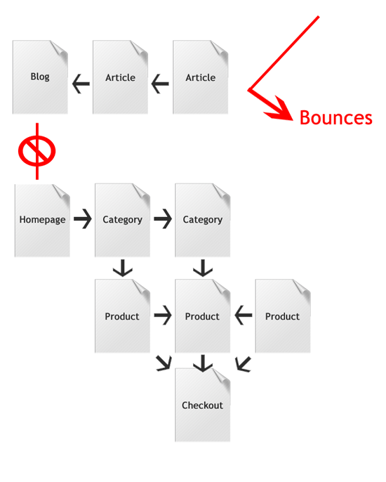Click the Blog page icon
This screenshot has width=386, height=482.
coord(40,77)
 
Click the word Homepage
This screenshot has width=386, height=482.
coord(42,220)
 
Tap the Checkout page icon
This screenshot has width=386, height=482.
coord(203,405)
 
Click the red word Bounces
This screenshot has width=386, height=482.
coord(336,118)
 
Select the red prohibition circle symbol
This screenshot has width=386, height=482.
coord(37,151)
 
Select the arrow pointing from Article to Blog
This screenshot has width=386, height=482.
coord(81,84)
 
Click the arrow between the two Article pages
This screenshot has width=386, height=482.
coord(160,84)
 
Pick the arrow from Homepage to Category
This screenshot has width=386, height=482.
coord(83,219)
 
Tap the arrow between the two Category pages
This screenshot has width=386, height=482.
coord(163,219)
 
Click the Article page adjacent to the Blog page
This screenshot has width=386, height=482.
coord(121,77)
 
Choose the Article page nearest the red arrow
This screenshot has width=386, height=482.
coord(201,77)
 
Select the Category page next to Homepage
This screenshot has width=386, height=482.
coord(123,220)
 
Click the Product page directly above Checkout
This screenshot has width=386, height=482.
coord(203,316)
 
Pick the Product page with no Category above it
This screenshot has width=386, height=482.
coord(283,316)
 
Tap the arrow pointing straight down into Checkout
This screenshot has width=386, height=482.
coord(203,363)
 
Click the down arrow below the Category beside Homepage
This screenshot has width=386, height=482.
coord(123,268)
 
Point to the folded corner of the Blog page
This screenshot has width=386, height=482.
coord(59,49)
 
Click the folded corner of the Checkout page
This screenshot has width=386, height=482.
coord(221,377)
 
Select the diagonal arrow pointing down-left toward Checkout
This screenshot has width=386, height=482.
coord(244,364)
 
